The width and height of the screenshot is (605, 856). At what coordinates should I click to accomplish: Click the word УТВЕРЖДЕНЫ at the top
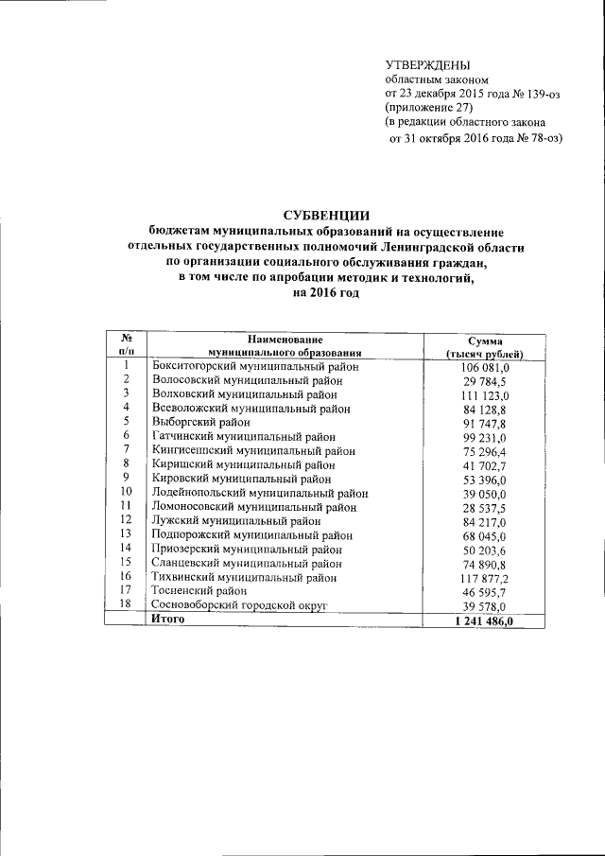(427, 64)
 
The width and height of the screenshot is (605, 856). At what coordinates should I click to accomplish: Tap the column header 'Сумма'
(485, 340)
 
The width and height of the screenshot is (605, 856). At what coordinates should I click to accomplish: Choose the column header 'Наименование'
(285, 340)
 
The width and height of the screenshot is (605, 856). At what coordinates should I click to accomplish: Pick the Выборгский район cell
(200, 423)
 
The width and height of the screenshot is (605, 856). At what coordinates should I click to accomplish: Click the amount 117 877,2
(485, 577)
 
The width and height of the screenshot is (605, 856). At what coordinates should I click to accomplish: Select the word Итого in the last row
(169, 620)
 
